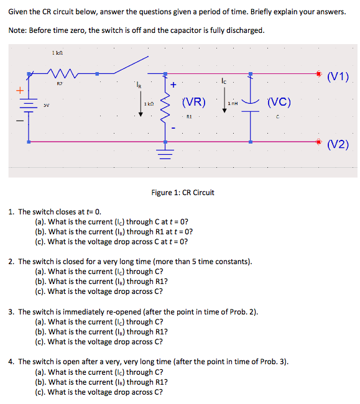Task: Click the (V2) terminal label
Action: click(338, 145)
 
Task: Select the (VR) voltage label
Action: click(193, 102)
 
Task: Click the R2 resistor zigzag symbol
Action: click(60, 73)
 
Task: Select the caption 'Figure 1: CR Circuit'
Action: click(183, 192)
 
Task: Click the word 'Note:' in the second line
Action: click(20, 30)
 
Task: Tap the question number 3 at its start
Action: click(12, 311)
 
